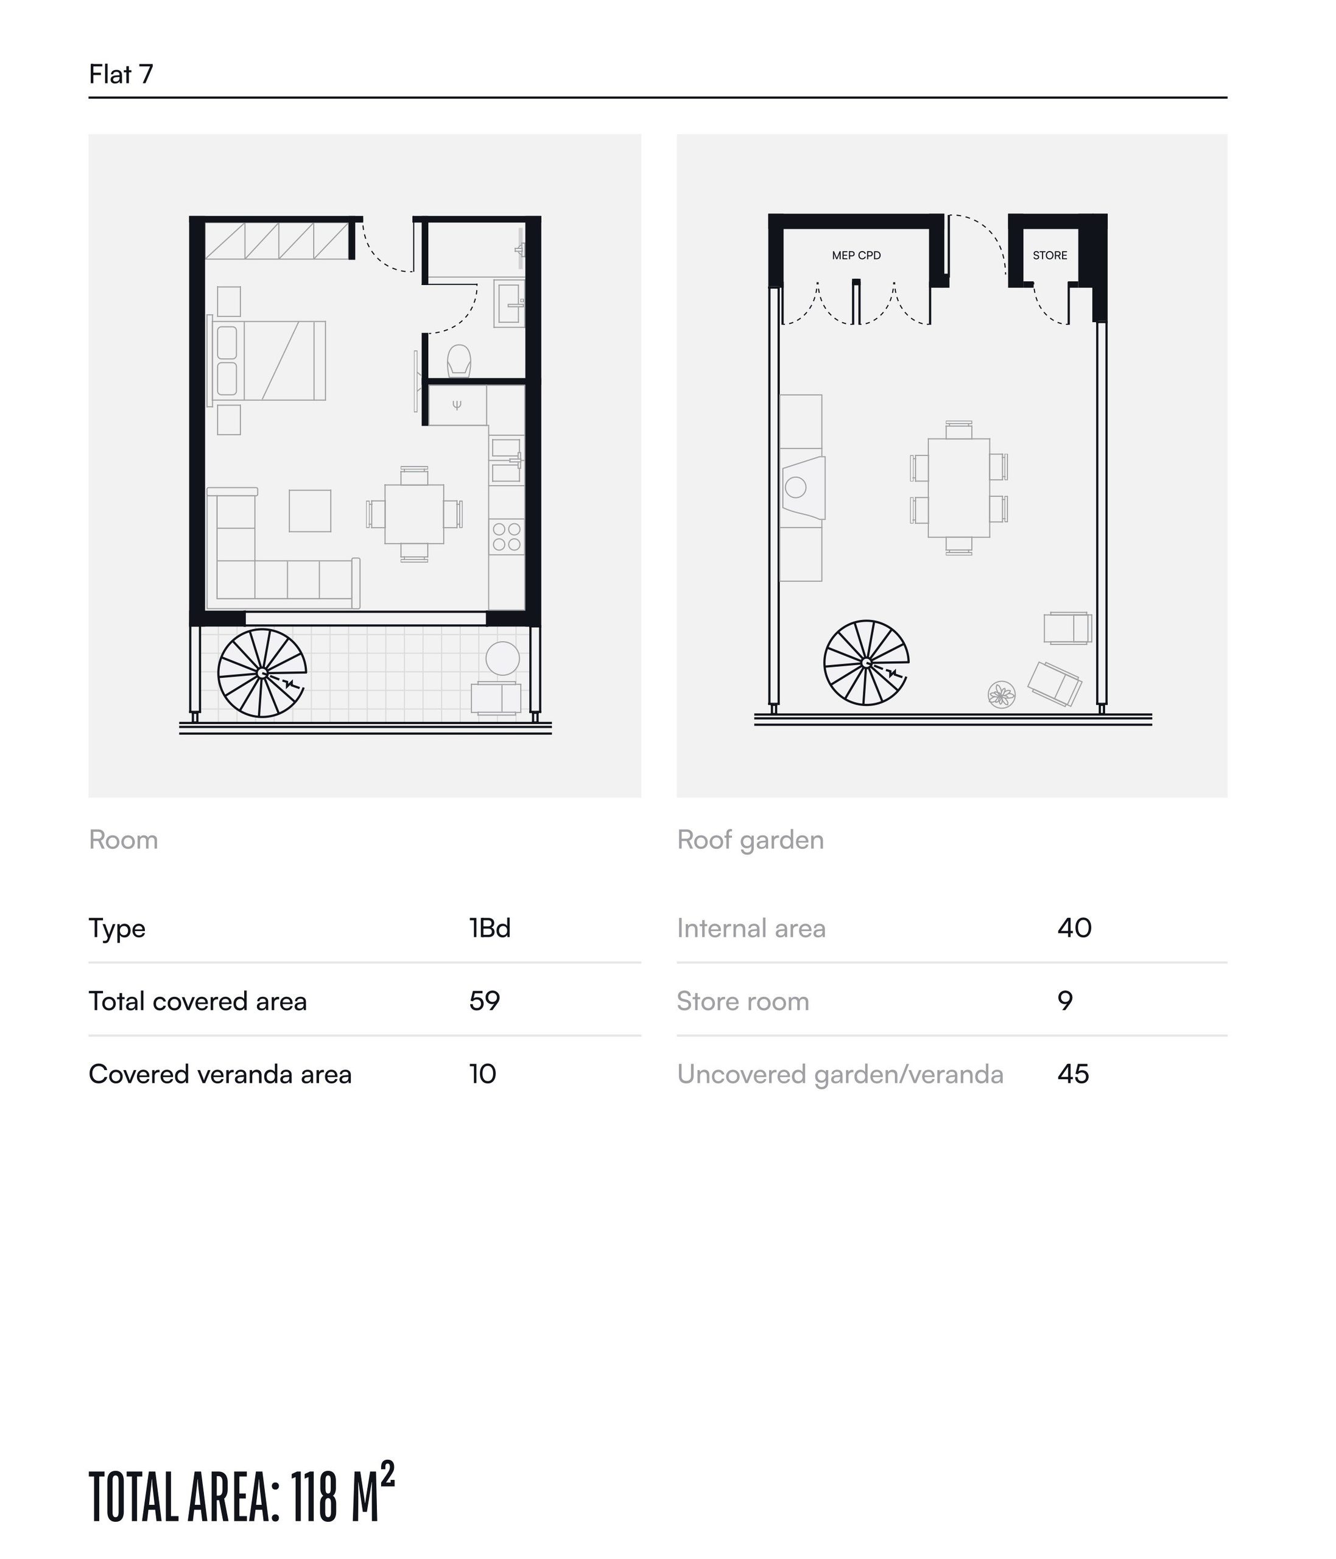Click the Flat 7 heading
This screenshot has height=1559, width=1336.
pos(121,74)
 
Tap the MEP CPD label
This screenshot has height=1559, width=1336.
pos(856,255)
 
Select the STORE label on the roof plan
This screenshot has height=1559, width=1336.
pos(1049,255)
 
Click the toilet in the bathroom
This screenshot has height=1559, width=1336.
pos(459,361)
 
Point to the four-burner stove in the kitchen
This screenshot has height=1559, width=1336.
pos(506,537)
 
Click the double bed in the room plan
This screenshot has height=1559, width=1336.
pos(268,361)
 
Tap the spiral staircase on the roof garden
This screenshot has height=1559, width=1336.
pos(866,663)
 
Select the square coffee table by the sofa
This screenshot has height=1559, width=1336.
pos(310,511)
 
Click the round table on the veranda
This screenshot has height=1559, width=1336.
pos(502,658)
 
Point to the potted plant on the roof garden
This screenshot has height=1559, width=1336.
pos(1001,694)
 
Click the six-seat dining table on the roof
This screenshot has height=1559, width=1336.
pos(958,488)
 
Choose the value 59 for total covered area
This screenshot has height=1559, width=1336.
pos(485,1001)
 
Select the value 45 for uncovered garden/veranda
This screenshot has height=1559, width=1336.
pos(1073,1074)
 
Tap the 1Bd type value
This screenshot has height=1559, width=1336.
pos(490,927)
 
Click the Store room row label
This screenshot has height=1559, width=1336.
pos(742,1001)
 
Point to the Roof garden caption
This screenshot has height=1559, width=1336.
pos(750,840)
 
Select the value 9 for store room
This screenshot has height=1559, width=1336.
pos(1065,1001)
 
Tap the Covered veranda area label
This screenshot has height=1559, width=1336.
pos(220,1074)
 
